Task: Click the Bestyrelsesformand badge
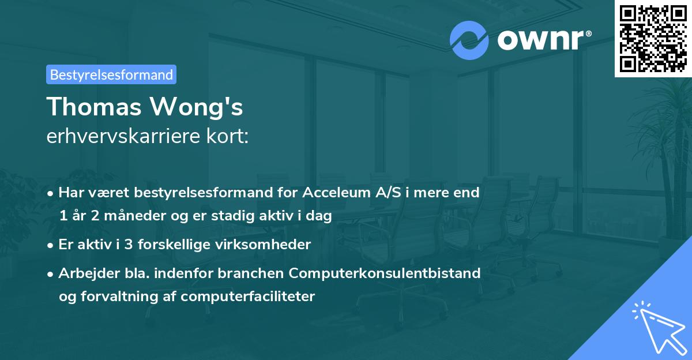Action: tap(111, 74)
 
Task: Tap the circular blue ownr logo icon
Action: tap(469, 40)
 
